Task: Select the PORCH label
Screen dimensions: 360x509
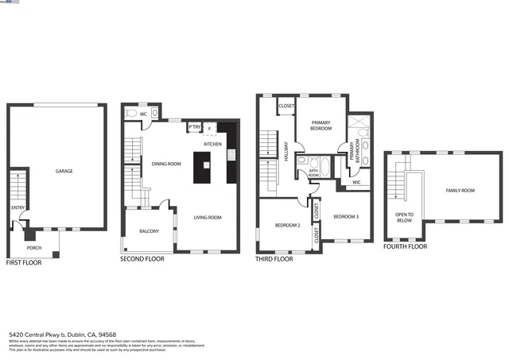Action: pos(35,247)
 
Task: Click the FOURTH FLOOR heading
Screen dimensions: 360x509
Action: pos(405,246)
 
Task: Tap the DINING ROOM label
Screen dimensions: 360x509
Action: pos(167,164)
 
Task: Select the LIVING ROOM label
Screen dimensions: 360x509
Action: pos(208,217)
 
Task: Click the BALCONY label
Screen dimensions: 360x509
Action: pos(149,231)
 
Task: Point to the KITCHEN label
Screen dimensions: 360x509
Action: pos(212,144)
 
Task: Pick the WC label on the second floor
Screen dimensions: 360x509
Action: pos(143,114)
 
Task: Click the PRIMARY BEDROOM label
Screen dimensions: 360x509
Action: pos(321,125)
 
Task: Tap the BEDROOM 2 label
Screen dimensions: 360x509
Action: pos(287,226)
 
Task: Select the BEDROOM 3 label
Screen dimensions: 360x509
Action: pos(346,217)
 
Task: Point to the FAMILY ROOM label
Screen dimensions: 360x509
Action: pos(460,191)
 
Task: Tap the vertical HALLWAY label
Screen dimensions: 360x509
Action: pos(286,152)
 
